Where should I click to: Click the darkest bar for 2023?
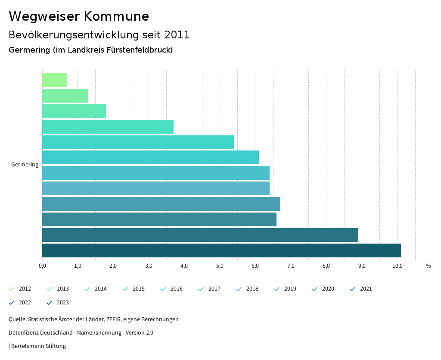[x=221, y=250]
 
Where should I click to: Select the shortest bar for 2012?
[x=55, y=80]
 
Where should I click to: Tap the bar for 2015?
[x=108, y=127]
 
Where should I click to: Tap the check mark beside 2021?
[x=353, y=289]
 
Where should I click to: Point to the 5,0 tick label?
[x=220, y=266]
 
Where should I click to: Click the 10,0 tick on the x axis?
[x=397, y=266]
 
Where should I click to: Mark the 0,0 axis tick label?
[x=42, y=266]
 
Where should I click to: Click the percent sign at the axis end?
[x=428, y=266]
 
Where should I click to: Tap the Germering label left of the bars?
[x=25, y=165]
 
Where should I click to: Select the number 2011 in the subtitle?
[x=177, y=35]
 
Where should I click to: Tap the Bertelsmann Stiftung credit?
[x=38, y=346]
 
